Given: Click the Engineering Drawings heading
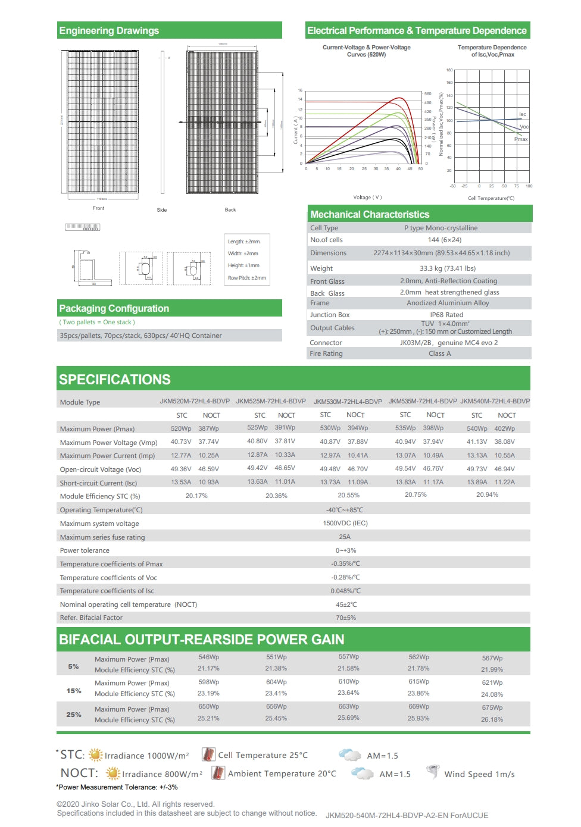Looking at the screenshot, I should click(109, 31).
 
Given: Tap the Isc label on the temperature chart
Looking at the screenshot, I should click(522, 114).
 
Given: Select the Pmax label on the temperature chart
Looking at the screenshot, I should click(521, 139).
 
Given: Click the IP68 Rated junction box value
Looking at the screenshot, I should click(446, 315).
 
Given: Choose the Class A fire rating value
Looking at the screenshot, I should click(439, 353).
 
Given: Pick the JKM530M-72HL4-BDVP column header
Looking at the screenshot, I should click(348, 402).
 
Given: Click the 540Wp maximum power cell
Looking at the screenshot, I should click(477, 428).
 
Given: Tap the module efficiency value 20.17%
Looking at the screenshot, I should click(196, 496).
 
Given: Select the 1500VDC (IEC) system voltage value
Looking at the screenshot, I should click(345, 523).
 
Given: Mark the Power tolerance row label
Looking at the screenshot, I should click(85, 550).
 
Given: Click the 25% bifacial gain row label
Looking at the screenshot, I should click(74, 715).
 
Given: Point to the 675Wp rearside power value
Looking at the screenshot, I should click(492, 707).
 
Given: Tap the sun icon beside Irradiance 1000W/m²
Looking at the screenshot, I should click(95, 755).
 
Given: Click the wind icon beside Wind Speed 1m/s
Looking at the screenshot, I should click(433, 772).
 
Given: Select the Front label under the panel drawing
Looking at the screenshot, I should click(98, 208).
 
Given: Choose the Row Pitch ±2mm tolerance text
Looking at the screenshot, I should click(247, 278).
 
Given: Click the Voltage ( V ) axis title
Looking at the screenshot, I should click(367, 198).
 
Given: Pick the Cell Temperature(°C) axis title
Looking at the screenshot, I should click(491, 198).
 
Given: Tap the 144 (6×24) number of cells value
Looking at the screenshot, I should click(444, 240).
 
